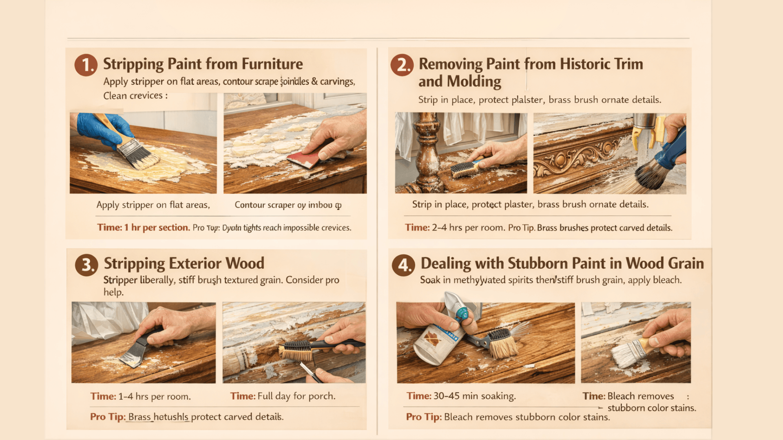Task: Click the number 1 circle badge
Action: tap(86, 65)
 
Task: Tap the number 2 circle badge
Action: tap(402, 65)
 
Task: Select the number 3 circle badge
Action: tap(86, 265)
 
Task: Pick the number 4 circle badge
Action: tap(403, 265)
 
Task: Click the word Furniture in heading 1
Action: tap(272, 64)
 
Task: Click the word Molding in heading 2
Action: tap(474, 81)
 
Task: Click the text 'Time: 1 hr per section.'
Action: tap(143, 227)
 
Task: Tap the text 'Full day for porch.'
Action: tap(296, 396)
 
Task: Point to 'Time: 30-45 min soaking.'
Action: tap(461, 396)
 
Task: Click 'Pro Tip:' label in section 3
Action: tap(108, 417)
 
